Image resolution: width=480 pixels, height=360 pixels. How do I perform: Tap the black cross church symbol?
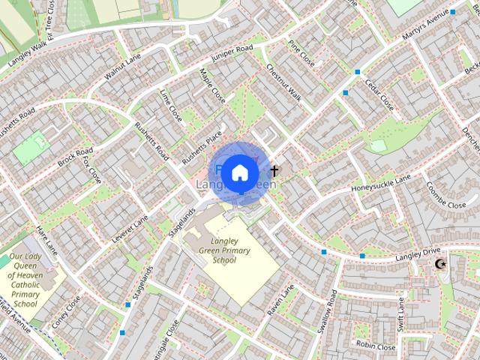(x=274, y=171)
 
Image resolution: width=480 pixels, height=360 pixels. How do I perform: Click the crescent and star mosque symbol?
(x=440, y=264)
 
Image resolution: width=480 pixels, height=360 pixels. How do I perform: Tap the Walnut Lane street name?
(x=123, y=64)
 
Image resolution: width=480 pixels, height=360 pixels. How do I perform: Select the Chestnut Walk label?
(x=283, y=82)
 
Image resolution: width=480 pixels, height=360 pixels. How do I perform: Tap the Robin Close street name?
(x=376, y=346)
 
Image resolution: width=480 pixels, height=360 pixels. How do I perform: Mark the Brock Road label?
(x=74, y=151)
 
